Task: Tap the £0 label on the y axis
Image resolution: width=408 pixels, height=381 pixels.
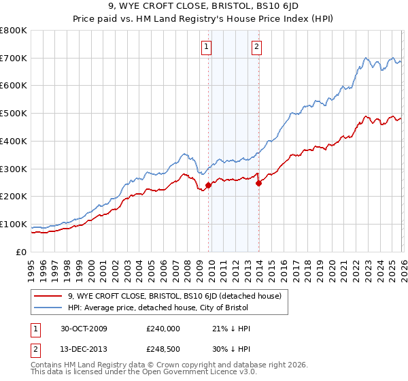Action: coord(21,252)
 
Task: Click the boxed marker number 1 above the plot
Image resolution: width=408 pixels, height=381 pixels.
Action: coord(206,47)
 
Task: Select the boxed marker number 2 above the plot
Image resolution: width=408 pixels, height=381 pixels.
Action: coord(257,47)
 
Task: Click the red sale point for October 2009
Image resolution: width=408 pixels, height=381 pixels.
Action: coord(208,185)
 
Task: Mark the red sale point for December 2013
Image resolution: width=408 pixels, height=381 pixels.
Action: coord(258,182)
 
